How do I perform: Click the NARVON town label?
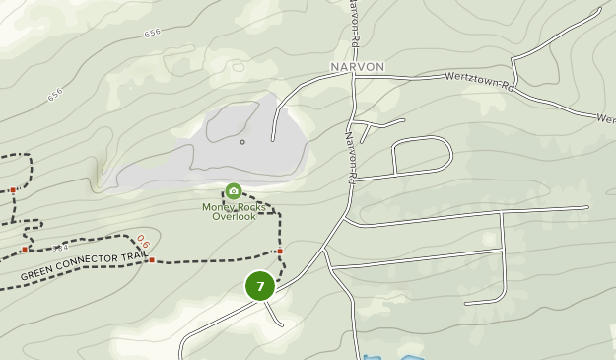pos(357,67)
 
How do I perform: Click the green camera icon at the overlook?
pos(234,191)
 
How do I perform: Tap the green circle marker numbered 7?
pos(260,287)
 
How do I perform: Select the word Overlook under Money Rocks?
pos(234,217)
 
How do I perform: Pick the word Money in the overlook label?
pos(219,207)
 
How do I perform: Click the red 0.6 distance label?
pos(144,242)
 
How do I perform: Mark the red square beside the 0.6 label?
pos(152,259)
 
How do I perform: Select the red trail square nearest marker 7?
pos(280,252)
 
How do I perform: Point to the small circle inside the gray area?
pos(242,142)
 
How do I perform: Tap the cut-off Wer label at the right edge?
pos(606,118)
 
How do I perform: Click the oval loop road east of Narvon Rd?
pos(422,155)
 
